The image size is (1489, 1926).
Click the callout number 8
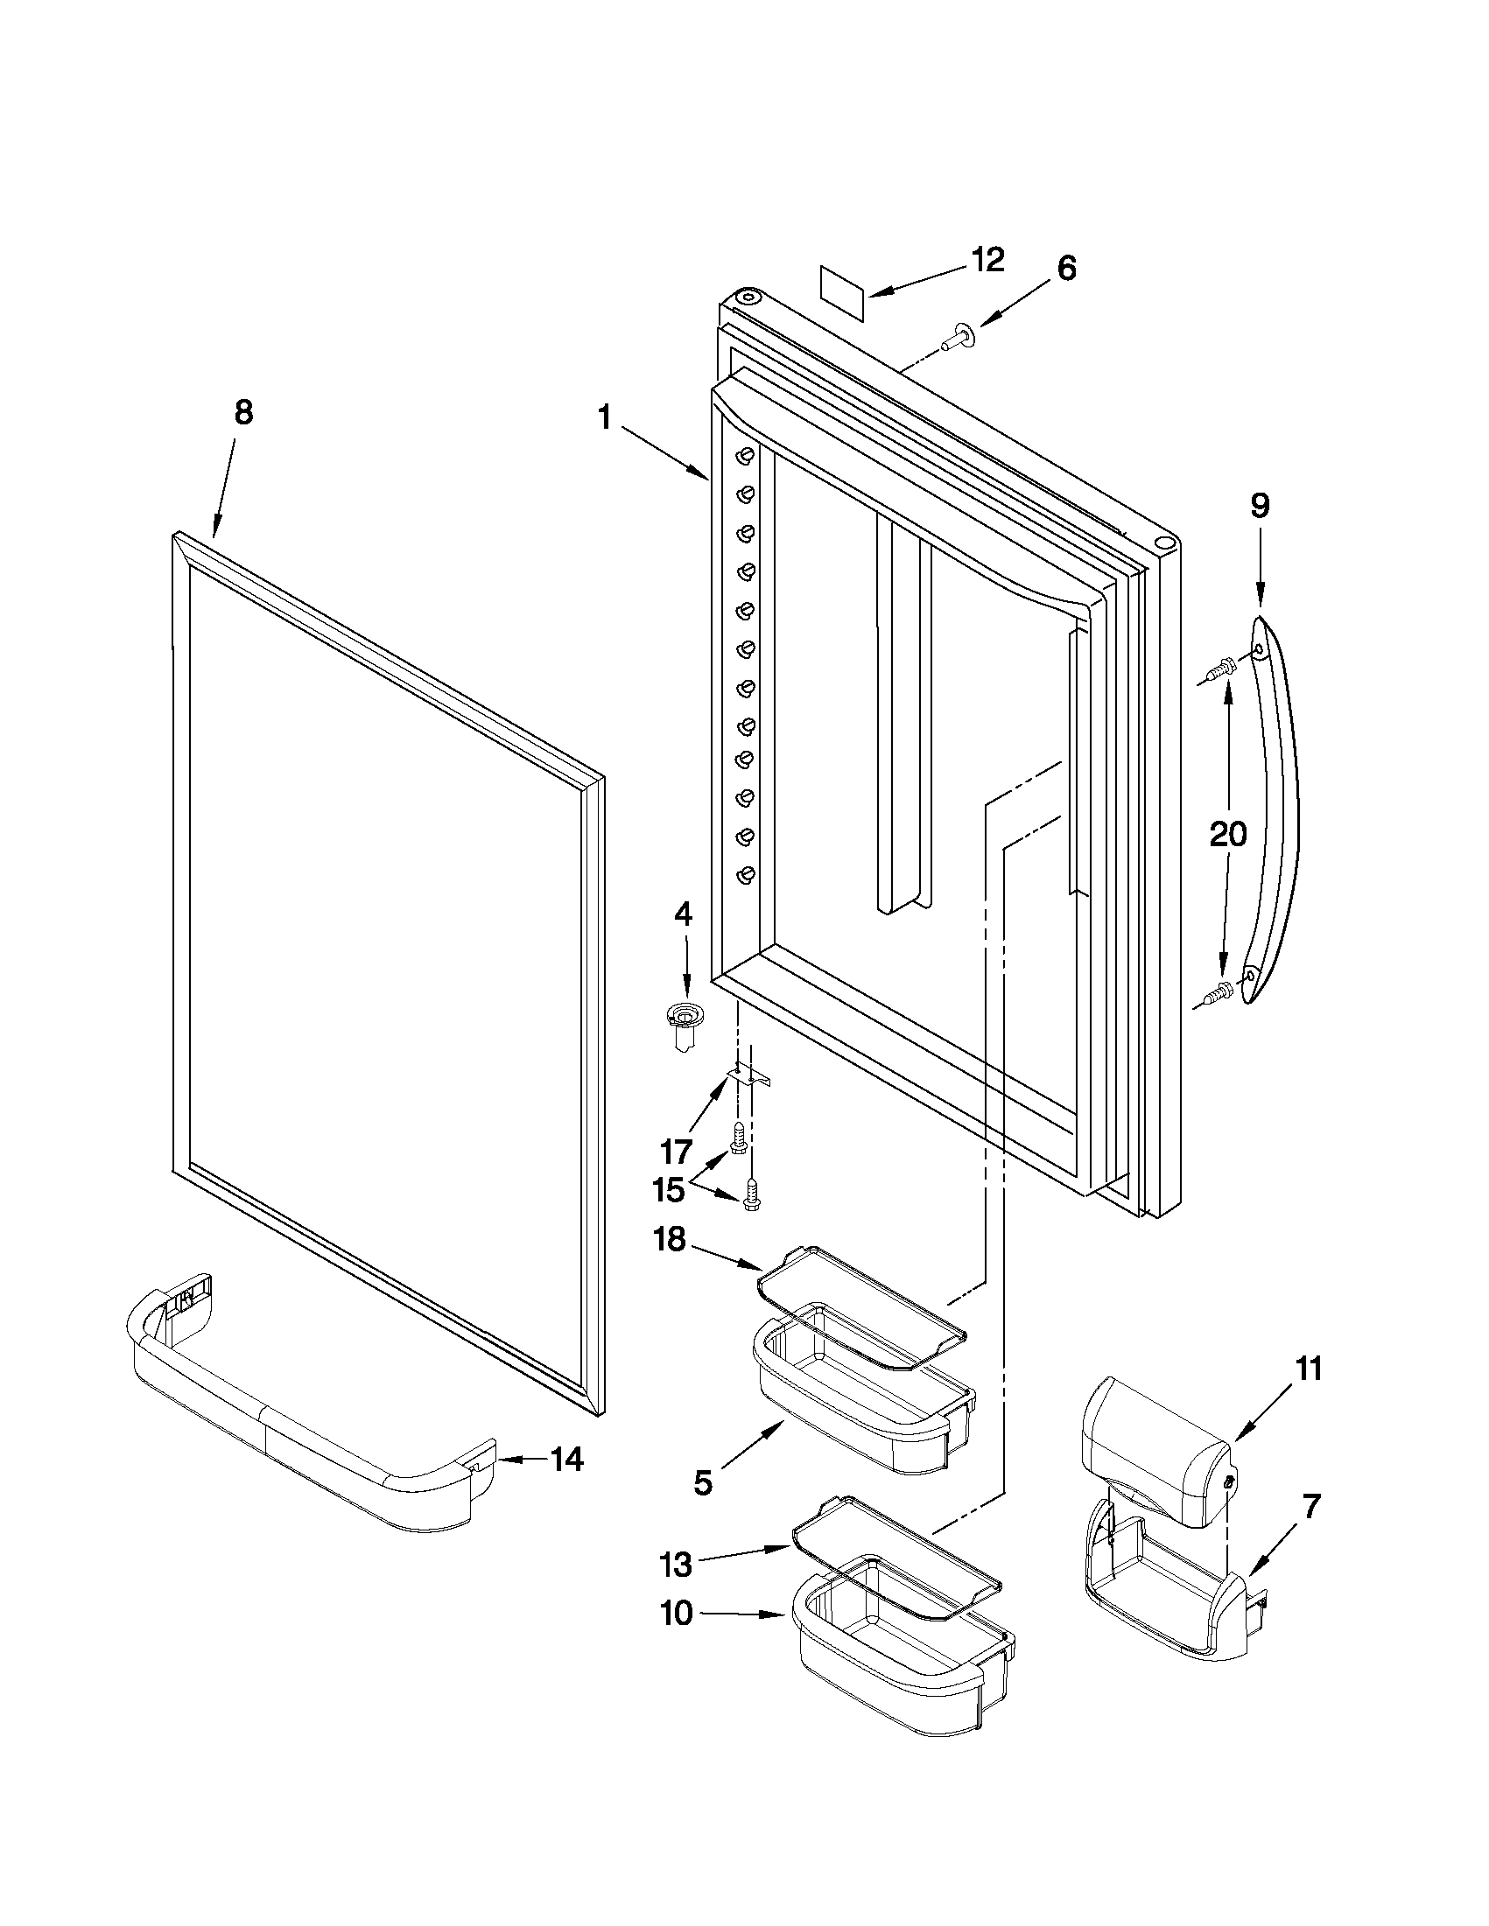point(243,412)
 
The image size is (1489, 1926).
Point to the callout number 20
point(1227,832)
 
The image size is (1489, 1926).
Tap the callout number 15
point(668,1190)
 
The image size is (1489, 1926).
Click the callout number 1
point(604,417)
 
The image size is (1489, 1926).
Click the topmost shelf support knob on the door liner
point(747,456)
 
